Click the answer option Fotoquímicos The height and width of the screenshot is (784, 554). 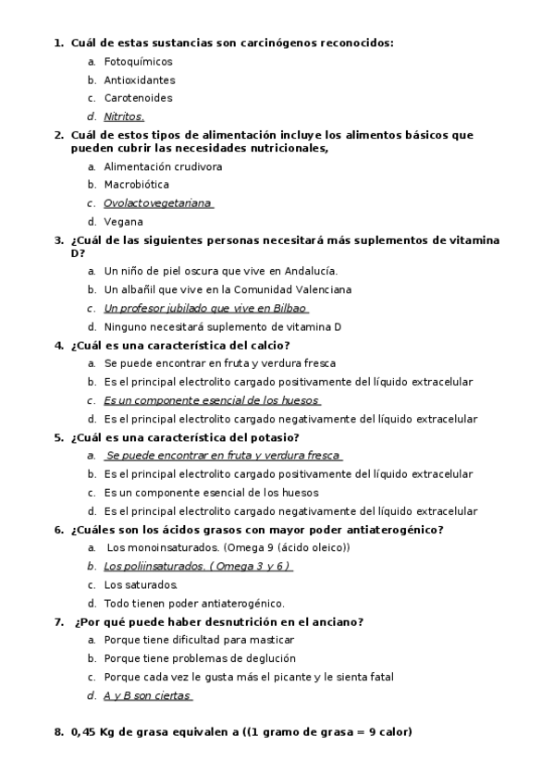pos(138,61)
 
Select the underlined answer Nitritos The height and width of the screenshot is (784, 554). pos(124,116)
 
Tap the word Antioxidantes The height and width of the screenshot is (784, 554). pos(139,80)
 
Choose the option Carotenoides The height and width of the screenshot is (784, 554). pos(138,98)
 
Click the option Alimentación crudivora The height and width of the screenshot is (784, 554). pos(163,166)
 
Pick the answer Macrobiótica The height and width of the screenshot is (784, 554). pos(136,185)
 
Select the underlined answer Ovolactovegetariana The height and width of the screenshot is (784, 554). pos(157,203)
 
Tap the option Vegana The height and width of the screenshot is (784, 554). pos(123,222)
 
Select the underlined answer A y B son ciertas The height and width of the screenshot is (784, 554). pos(147,695)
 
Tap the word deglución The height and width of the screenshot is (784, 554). pos(269,658)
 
